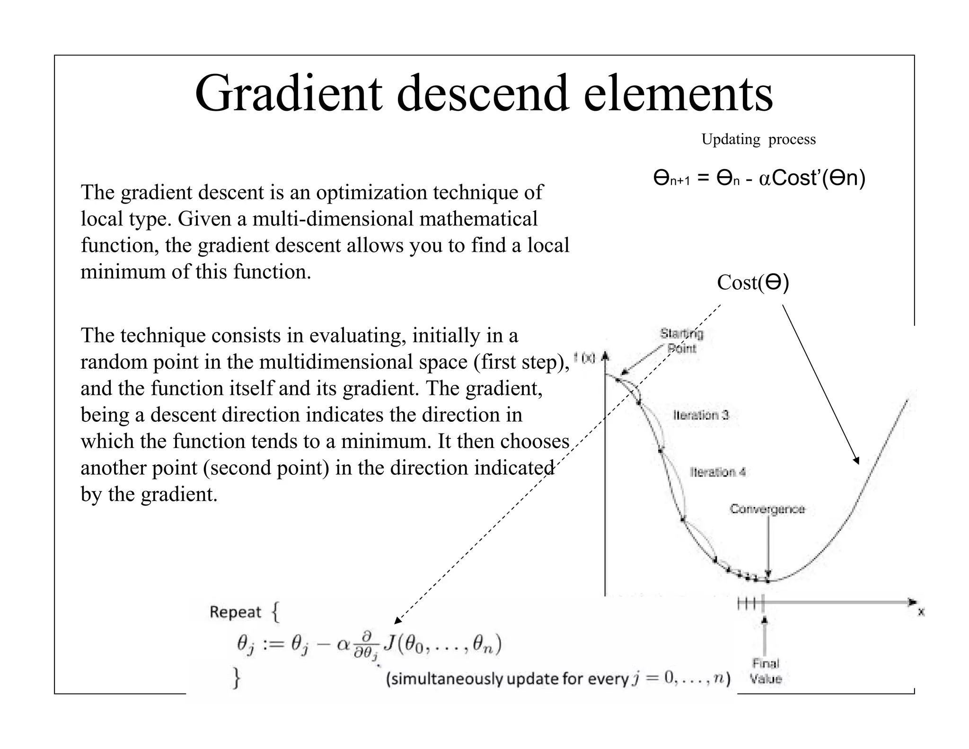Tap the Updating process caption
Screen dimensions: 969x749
point(758,139)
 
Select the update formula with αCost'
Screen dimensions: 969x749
point(759,178)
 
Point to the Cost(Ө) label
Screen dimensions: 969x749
point(753,283)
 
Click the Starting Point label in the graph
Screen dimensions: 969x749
point(682,341)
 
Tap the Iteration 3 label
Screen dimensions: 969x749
point(701,415)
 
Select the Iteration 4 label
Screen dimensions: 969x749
point(718,472)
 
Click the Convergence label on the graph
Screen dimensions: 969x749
point(767,509)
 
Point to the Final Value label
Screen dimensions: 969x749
point(766,671)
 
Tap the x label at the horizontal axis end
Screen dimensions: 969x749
point(921,612)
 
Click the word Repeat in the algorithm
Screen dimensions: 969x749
point(235,612)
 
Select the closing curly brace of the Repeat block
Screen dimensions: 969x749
point(236,678)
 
